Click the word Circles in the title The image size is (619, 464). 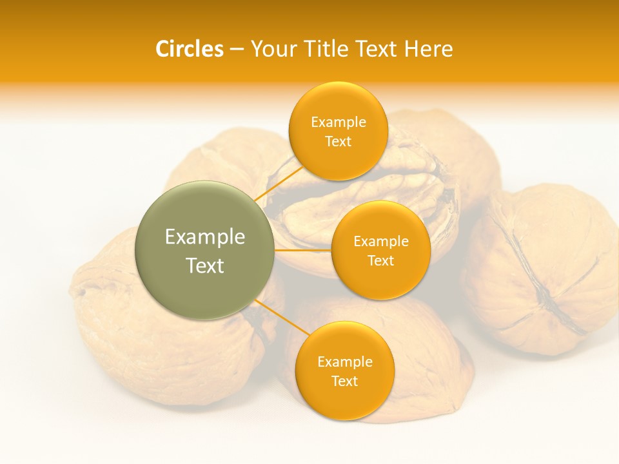click(189, 49)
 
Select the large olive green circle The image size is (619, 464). click(204, 250)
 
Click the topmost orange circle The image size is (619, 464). click(338, 131)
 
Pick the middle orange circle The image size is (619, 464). click(380, 250)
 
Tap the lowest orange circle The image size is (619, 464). click(344, 371)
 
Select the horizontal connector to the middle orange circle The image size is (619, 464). click(302, 250)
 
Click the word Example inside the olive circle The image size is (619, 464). click(204, 237)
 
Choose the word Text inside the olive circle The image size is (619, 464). click(204, 266)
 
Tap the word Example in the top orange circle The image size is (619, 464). click(338, 122)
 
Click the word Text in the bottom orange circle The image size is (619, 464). click(344, 381)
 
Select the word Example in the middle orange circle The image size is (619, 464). click(380, 242)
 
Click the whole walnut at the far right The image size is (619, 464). click(542, 271)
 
